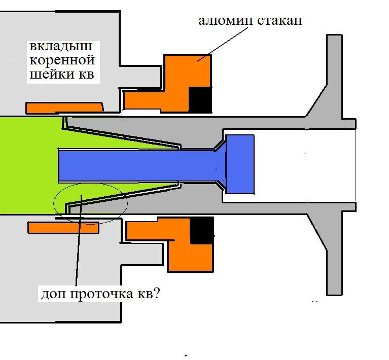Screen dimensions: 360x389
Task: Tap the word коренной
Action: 62,61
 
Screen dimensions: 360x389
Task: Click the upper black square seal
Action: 200,99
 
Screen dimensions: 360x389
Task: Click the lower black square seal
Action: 201,231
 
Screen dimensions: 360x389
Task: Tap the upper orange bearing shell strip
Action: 64,107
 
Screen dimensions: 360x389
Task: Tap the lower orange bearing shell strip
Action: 63,228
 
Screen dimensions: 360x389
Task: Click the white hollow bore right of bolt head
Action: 304,162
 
